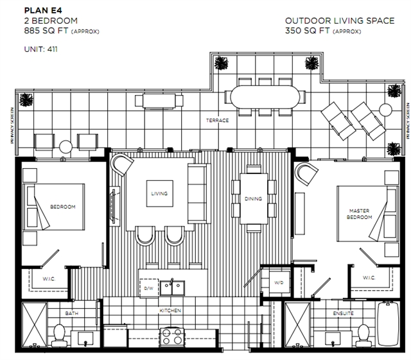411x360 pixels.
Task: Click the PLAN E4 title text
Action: tap(43, 10)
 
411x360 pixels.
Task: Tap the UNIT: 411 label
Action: tap(41, 49)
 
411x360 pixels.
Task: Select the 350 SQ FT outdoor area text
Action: tap(307, 31)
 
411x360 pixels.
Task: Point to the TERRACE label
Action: tap(217, 121)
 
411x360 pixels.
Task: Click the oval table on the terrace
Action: tap(265, 97)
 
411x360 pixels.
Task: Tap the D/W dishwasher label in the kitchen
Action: tap(148, 288)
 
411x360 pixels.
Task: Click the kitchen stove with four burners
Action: tap(172, 336)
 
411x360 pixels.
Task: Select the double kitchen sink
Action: tap(172, 287)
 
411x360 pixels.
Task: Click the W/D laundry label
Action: tap(279, 283)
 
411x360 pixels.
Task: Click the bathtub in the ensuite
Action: tap(388, 324)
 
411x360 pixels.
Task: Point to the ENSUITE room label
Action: tap(343, 313)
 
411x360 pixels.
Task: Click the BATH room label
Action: tap(71, 313)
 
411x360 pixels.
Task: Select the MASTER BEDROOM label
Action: tap(360, 214)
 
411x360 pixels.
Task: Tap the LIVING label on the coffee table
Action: tap(159, 194)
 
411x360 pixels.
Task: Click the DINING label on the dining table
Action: tap(253, 199)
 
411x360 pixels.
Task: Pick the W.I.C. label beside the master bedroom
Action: tap(369, 278)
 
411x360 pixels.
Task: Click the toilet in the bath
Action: tap(59, 336)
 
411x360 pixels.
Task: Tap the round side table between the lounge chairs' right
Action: tap(385, 110)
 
